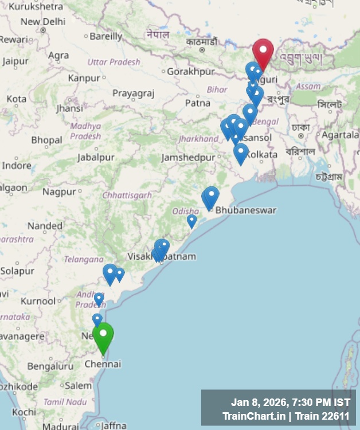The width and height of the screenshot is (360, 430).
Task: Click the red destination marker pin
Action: [263, 53]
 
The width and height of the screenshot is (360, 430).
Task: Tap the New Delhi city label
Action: [43, 22]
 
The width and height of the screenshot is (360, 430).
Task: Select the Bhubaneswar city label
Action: [245, 210]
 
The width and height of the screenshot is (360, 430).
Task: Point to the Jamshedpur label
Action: [188, 157]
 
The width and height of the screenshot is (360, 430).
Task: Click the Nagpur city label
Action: [59, 191]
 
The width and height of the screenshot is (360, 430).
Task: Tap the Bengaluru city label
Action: [50, 366]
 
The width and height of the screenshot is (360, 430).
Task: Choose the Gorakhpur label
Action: [191, 72]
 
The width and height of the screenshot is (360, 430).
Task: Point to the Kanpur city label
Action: [84, 78]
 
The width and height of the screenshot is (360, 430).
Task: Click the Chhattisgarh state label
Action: [127, 196]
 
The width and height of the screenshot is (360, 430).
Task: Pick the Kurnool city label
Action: [38, 301]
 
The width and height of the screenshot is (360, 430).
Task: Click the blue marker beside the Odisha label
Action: [191, 220]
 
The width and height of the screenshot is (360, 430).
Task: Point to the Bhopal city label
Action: [46, 140]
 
